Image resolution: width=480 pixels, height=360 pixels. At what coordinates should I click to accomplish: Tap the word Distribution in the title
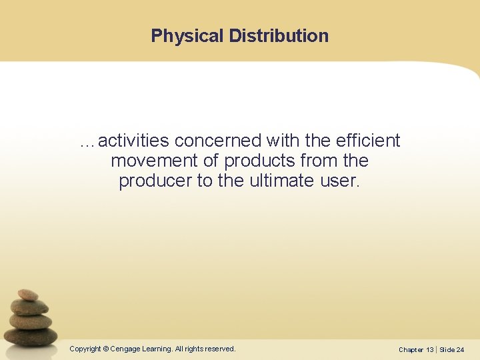click(279, 36)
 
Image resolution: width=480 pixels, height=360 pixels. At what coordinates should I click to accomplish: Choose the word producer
click(155, 181)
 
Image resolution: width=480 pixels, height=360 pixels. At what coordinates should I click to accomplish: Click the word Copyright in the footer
click(85, 349)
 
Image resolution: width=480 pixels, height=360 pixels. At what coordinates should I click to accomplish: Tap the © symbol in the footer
click(106, 349)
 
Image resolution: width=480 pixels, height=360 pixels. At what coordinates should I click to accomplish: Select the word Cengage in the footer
click(126, 349)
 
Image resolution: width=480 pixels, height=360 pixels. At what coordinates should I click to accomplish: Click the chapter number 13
click(430, 349)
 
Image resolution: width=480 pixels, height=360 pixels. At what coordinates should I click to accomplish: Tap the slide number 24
click(461, 349)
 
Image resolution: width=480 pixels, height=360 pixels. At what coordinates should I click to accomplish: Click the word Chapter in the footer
click(411, 349)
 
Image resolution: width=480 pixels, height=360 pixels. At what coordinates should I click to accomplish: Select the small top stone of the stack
click(28, 294)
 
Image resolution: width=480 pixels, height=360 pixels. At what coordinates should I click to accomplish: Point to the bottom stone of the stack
click(32, 336)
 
